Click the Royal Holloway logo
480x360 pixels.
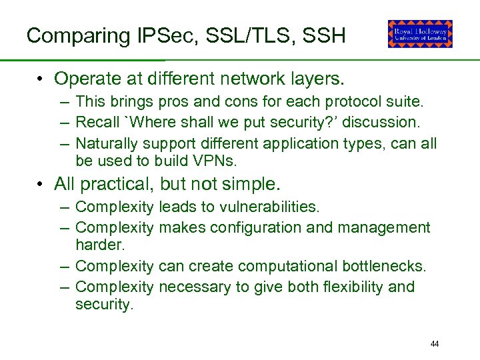tap(420, 34)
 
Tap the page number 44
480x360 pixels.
tap(435, 344)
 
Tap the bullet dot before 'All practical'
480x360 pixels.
tap(41, 183)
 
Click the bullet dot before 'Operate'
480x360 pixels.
tap(41, 79)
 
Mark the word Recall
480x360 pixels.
tap(96, 122)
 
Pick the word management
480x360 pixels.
tap(384, 227)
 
